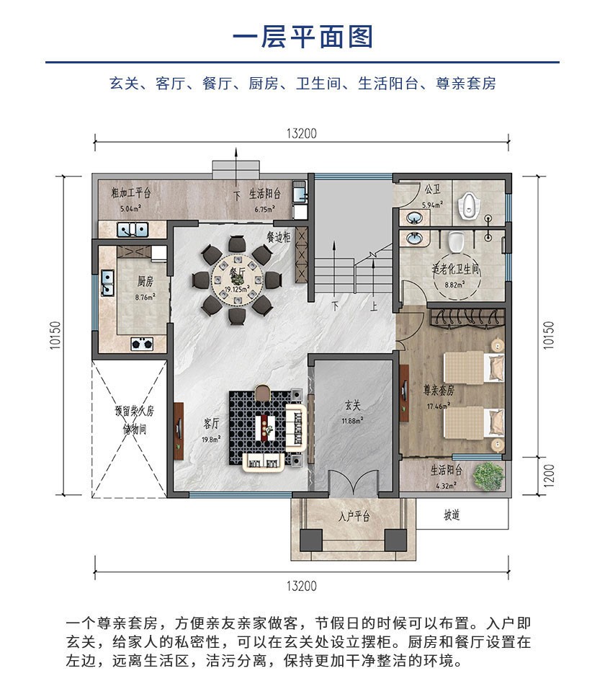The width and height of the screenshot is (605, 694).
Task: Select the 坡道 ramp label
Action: pyautogui.click(x=452, y=516)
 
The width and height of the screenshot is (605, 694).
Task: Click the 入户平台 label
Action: pyautogui.click(x=354, y=517)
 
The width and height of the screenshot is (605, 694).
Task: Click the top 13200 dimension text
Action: pyautogui.click(x=301, y=133)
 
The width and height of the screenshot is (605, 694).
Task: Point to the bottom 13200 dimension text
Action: pyautogui.click(x=301, y=586)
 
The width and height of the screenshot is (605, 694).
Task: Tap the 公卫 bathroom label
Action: pyautogui.click(x=432, y=190)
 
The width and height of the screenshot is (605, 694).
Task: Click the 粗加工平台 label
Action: pyautogui.click(x=130, y=193)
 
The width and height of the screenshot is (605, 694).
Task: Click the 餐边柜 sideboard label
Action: pyautogui.click(x=278, y=236)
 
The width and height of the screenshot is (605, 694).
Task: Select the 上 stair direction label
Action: pyautogui.click(x=373, y=305)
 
